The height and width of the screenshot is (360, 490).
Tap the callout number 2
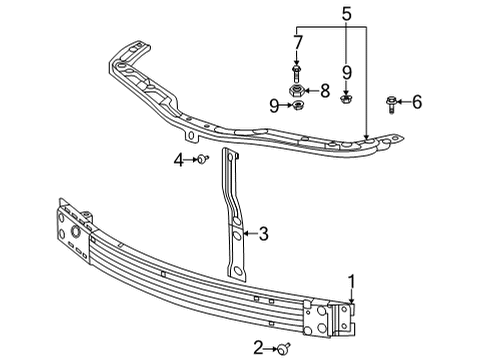click(x=259, y=347)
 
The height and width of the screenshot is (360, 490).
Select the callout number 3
click(x=263, y=235)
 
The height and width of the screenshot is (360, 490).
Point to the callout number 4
click(x=179, y=159)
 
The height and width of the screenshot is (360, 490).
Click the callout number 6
click(x=418, y=101)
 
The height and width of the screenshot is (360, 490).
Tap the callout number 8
click(x=324, y=91)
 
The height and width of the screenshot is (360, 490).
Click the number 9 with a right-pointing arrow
click(x=273, y=104)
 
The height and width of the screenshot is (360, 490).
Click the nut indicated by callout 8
click(x=297, y=91)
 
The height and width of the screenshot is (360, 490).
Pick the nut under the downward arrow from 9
click(x=346, y=98)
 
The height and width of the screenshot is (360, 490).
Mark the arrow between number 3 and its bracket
click(x=248, y=235)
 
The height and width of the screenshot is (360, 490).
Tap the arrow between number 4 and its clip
click(x=190, y=159)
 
